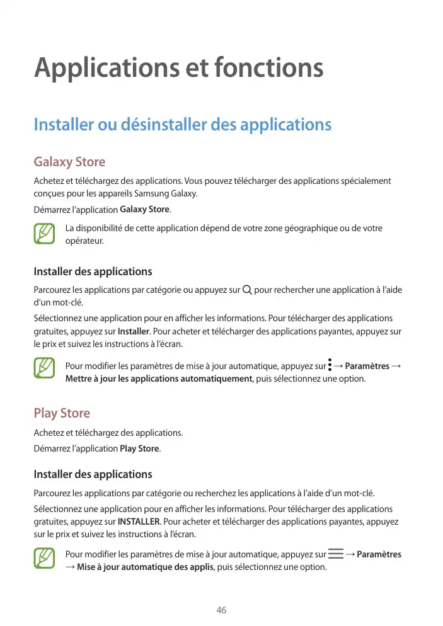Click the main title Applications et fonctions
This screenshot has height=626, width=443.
pyautogui.click(x=178, y=68)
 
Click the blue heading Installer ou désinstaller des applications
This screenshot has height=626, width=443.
pyautogui.click(x=182, y=124)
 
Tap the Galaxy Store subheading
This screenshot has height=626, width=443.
pyautogui.click(x=69, y=162)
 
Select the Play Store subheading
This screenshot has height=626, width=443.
pyautogui.click(x=62, y=413)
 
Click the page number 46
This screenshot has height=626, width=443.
pyautogui.click(x=221, y=610)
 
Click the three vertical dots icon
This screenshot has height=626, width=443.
pyautogui.click(x=330, y=366)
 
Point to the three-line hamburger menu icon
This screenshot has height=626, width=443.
pyautogui.click(x=336, y=554)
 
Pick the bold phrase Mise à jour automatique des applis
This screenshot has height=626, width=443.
pyautogui.click(x=146, y=567)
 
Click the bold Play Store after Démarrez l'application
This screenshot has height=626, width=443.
pyautogui.click(x=139, y=448)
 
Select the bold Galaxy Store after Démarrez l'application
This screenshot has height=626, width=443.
pyautogui.click(x=144, y=209)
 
